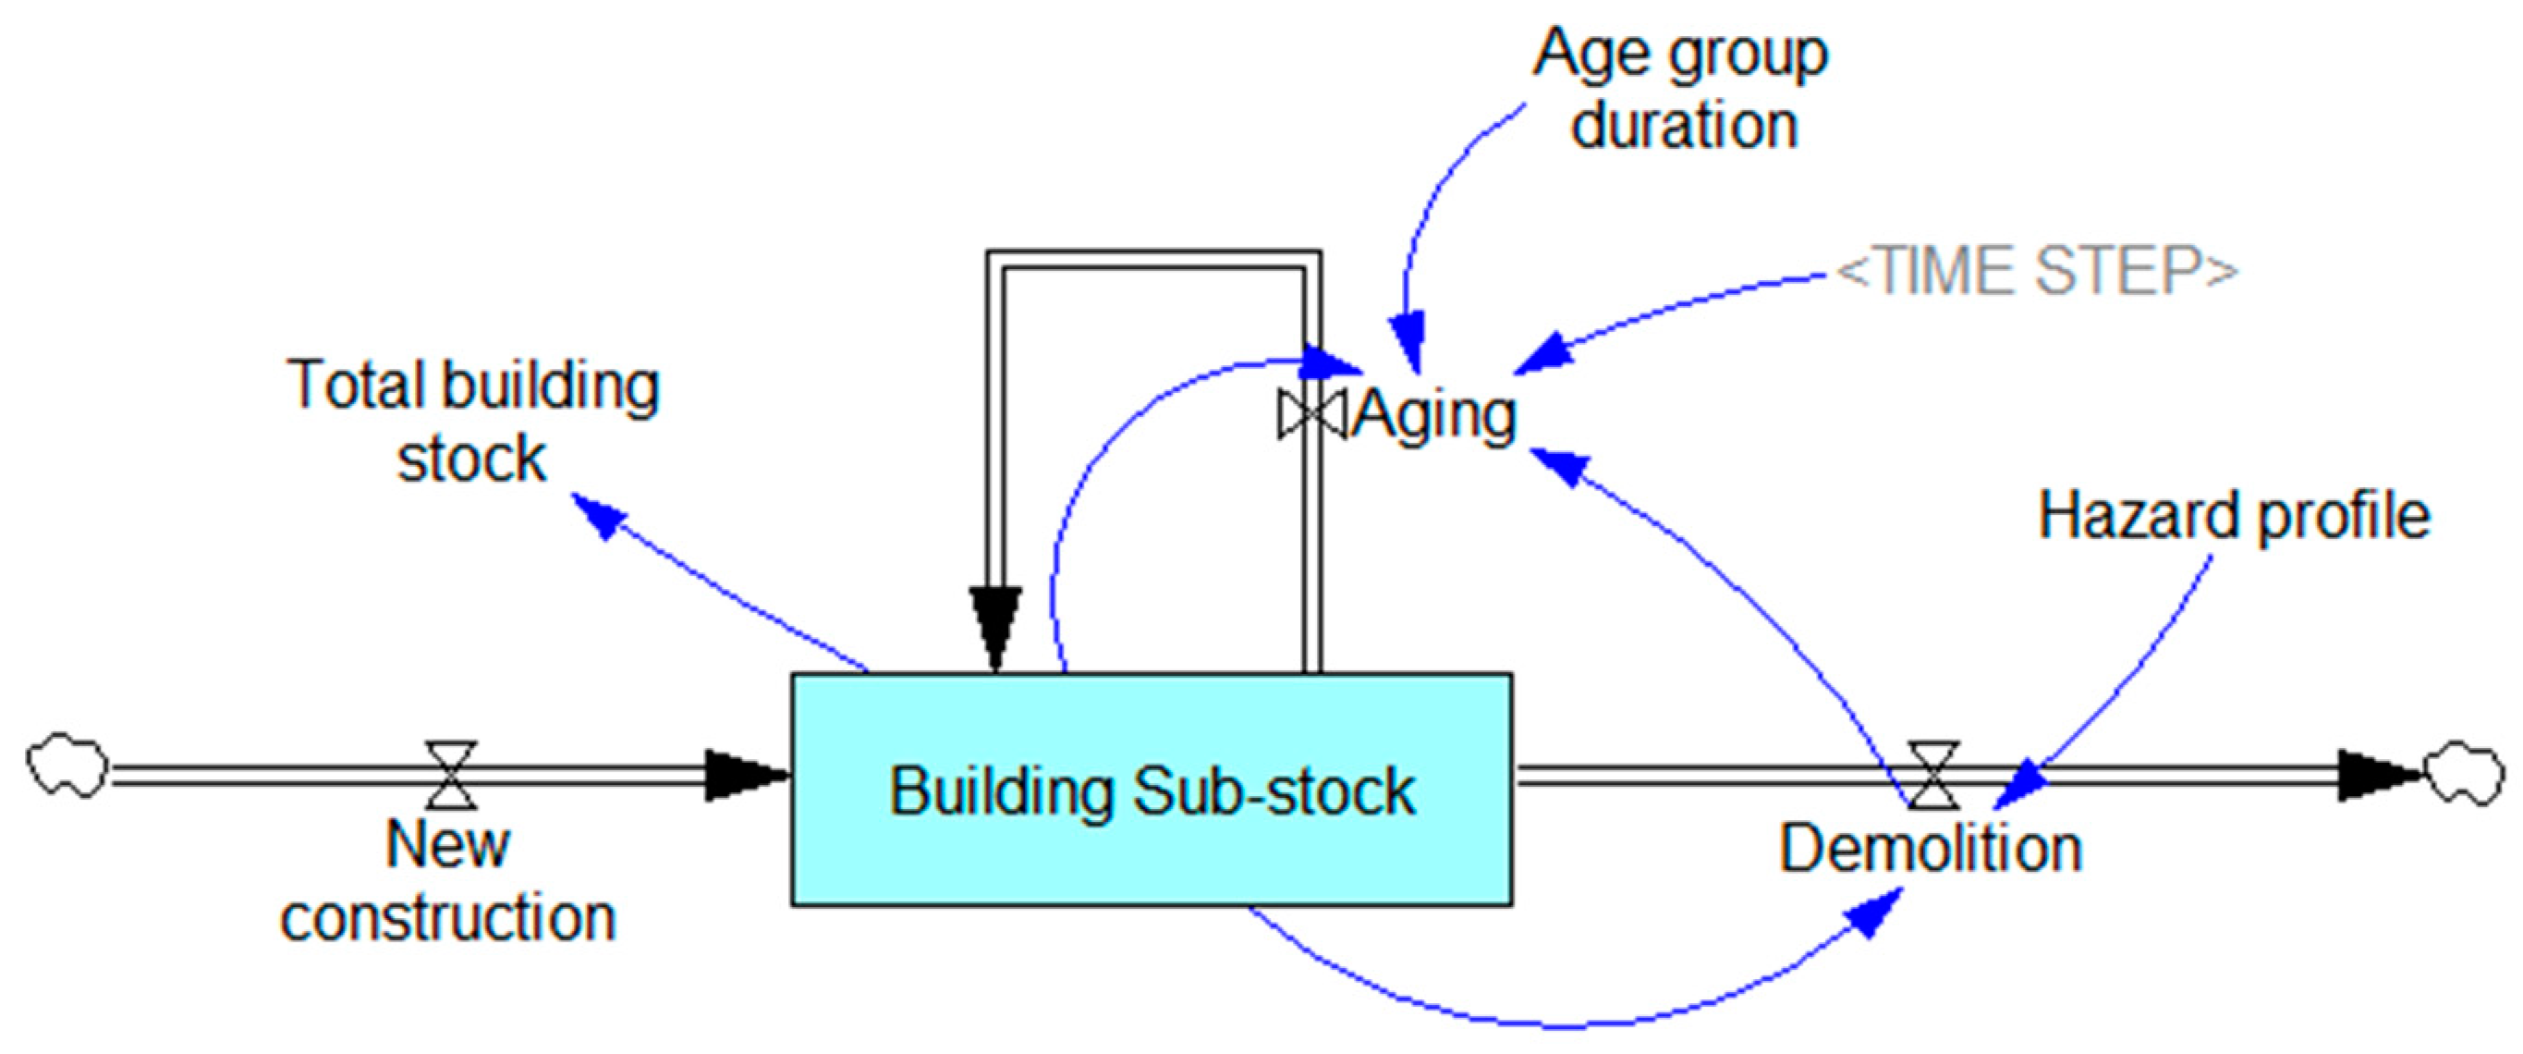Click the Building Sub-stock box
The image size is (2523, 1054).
[x=1152, y=789]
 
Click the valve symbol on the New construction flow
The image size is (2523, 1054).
[x=451, y=775]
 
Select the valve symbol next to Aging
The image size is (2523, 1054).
[x=1310, y=414]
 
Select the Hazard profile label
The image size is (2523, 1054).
[x=2233, y=515]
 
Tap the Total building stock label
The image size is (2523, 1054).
[x=473, y=422]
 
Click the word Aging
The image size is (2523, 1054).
[x=1436, y=415]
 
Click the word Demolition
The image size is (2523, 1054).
[x=1930, y=850]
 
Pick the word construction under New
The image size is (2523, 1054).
[x=448, y=919]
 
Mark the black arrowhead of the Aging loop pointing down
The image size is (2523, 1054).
[x=996, y=627]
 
